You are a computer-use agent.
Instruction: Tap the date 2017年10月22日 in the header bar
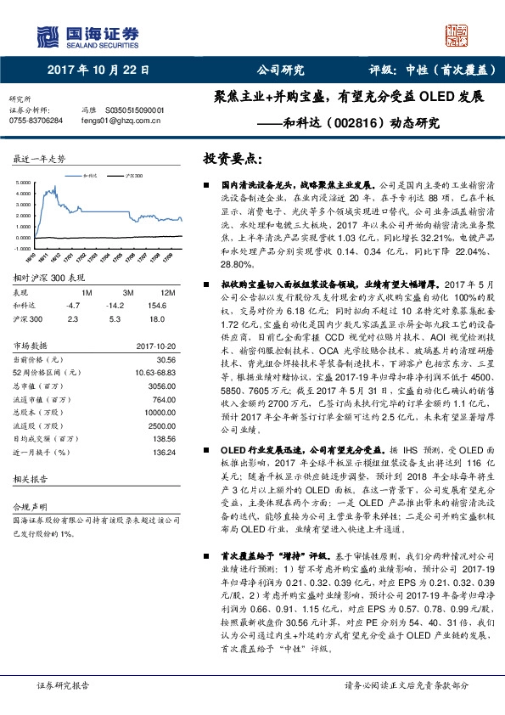[x=98, y=70]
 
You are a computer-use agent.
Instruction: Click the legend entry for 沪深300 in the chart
[x=131, y=174]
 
